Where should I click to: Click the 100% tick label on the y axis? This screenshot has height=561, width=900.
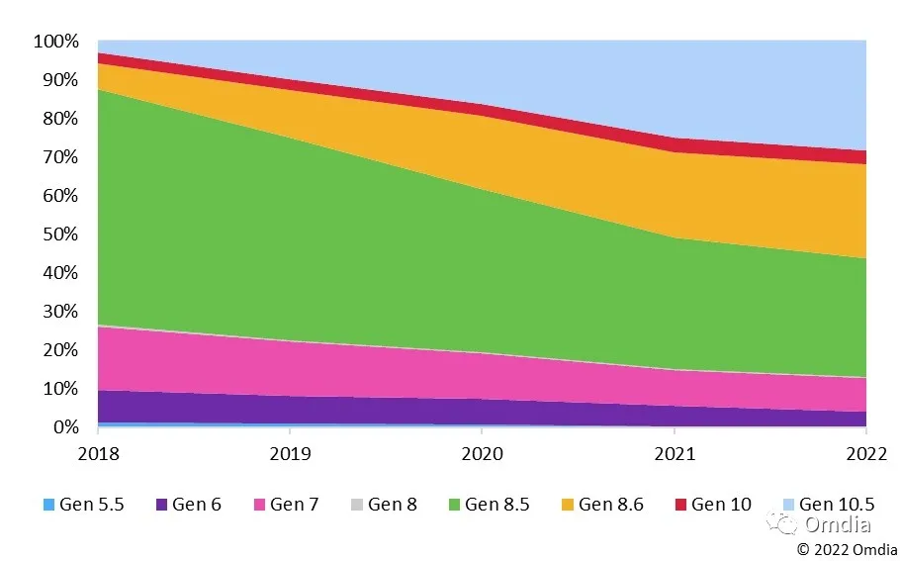pyautogui.click(x=55, y=42)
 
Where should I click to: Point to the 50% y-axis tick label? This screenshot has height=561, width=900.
pyautogui.click(x=59, y=234)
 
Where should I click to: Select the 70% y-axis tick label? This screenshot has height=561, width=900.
pyautogui.click(x=59, y=157)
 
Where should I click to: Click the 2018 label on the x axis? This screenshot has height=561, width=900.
pyautogui.click(x=98, y=454)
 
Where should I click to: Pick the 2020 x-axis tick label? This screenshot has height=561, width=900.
pyautogui.click(x=481, y=454)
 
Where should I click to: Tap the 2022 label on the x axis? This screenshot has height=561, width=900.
pyautogui.click(x=864, y=454)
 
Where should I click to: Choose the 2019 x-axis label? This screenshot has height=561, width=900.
pyautogui.click(x=289, y=454)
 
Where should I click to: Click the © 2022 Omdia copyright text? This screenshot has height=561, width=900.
pyautogui.click(x=848, y=549)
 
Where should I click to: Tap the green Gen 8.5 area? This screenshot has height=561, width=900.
pyautogui.click(x=396, y=247)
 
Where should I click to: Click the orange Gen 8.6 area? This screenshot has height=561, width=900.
pyautogui.click(x=692, y=188)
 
